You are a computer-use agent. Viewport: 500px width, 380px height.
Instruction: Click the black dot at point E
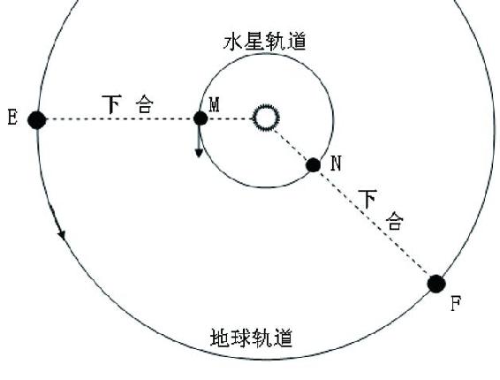pyautogui.click(x=37, y=120)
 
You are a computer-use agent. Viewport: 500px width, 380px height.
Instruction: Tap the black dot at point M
pyautogui.click(x=201, y=118)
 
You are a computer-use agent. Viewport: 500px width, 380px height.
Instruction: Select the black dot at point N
pyautogui.click(x=313, y=165)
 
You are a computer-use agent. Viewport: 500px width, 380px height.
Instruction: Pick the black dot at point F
pyautogui.click(x=436, y=284)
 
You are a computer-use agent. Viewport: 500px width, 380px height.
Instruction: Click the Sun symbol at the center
pyautogui.click(x=266, y=118)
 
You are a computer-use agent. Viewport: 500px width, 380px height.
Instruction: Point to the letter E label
pyautogui.click(x=12, y=117)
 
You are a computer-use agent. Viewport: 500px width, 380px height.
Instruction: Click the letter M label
pyautogui.click(x=215, y=105)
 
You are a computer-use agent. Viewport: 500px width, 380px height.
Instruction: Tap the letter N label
pyautogui.click(x=336, y=163)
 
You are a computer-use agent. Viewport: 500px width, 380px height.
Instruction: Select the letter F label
pyautogui.click(x=456, y=303)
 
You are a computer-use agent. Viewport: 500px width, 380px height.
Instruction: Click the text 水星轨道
pyautogui.click(x=265, y=42)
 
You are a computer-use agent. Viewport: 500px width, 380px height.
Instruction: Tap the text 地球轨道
pyautogui.click(x=251, y=338)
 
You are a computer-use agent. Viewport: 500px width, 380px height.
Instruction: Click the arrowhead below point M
pyautogui.click(x=199, y=153)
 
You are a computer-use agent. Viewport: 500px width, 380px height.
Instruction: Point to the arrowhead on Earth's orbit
pyautogui.click(x=62, y=235)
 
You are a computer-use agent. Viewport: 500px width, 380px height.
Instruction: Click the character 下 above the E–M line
pyautogui.click(x=112, y=104)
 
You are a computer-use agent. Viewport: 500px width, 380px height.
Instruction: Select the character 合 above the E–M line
pyautogui.click(x=145, y=104)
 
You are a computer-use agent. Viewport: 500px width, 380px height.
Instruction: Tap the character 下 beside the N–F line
pyautogui.click(x=368, y=199)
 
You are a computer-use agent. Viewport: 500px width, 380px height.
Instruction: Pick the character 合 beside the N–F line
pyautogui.click(x=395, y=220)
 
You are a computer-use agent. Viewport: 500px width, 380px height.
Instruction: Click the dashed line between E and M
pyautogui.click(x=120, y=119)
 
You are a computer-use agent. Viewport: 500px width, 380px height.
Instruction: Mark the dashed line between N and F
pyautogui.click(x=375, y=224)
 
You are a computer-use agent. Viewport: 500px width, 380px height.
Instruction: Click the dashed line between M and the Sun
pyautogui.click(x=231, y=119)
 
